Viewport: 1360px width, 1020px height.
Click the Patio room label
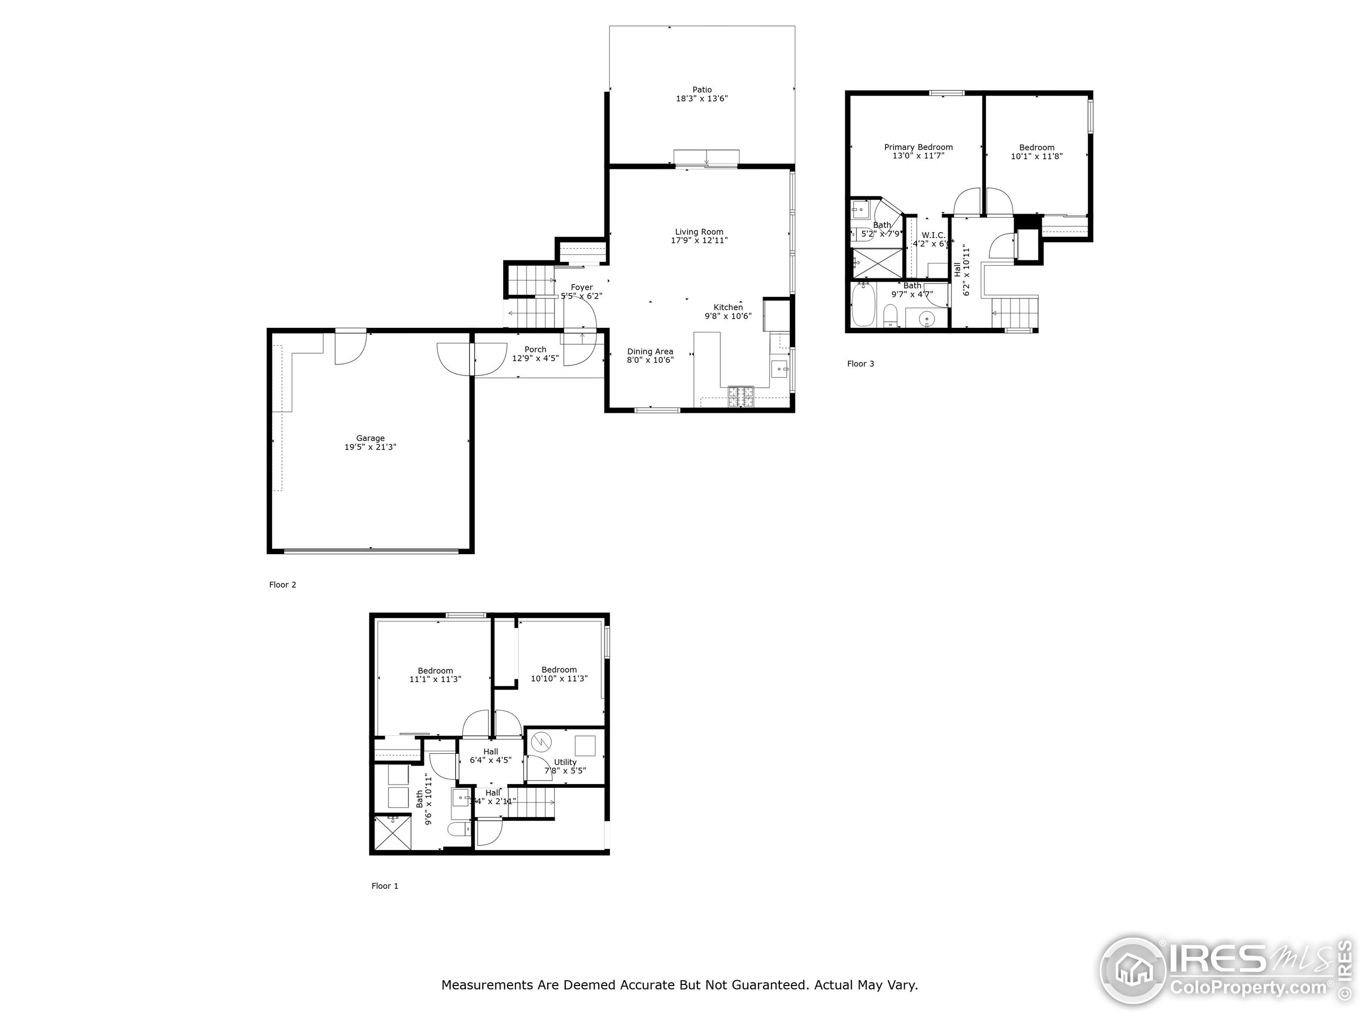[x=702, y=90]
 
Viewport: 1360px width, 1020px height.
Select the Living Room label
[x=699, y=232]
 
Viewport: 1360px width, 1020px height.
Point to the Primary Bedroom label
[x=918, y=147]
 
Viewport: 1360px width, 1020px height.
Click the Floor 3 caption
[x=860, y=364]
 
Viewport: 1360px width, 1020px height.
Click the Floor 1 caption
[x=385, y=886]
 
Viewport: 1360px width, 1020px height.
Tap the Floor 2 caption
[x=283, y=585]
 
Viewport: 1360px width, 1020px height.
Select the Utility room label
[x=565, y=762]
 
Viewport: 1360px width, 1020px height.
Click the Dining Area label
[x=650, y=352]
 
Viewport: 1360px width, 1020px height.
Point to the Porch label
[x=535, y=349]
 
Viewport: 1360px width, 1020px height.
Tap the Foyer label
[x=582, y=287]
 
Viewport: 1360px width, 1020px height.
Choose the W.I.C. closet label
[x=933, y=235]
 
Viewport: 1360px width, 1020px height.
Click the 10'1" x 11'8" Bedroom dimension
[x=1036, y=157]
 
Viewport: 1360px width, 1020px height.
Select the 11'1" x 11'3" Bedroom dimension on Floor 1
[x=435, y=679]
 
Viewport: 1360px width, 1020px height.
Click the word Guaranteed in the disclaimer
[x=769, y=985]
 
